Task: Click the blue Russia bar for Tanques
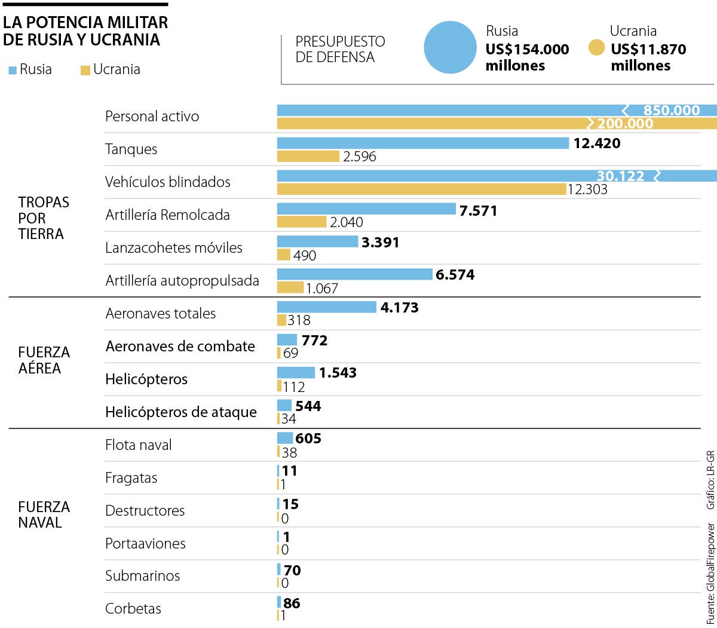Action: point(422,143)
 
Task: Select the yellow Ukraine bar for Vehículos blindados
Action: point(421,189)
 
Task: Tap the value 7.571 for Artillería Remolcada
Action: point(478,210)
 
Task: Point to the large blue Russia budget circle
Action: point(450,48)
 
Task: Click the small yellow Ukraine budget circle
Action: point(596,48)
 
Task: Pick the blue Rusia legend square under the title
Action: point(13,71)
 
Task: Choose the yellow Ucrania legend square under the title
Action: point(85,71)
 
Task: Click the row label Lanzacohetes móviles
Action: point(174,247)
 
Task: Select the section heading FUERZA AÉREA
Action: point(44,360)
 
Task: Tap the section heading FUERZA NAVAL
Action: point(44,514)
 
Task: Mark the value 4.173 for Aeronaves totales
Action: point(399,308)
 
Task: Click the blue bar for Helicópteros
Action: point(296,373)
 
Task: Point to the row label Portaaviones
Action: point(145,543)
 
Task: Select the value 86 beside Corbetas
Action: point(292,603)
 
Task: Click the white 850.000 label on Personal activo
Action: point(671,111)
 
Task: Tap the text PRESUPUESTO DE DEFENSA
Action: point(340,50)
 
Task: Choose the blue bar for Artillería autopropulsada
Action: point(354,274)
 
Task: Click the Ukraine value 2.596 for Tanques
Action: point(360,157)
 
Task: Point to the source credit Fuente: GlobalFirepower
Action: point(710,574)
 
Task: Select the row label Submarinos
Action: point(142,575)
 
